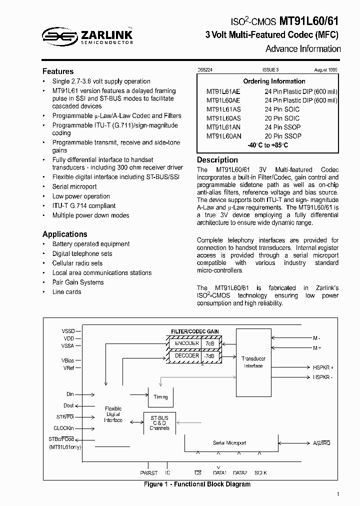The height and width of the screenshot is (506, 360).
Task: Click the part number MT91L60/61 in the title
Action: point(309,21)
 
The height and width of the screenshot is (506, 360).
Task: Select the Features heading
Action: point(58,71)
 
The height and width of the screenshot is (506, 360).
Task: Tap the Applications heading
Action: point(64,234)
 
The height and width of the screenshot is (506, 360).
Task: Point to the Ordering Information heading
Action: point(274,81)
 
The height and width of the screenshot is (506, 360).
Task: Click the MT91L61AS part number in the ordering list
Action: point(223,109)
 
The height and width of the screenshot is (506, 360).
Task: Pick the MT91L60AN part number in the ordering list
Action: point(223,136)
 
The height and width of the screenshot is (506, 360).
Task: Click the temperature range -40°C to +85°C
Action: point(267,145)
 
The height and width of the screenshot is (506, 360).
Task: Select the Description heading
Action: point(217,160)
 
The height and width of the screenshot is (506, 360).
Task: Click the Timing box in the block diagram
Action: point(161,397)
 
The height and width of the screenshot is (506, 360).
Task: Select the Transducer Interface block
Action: point(253,362)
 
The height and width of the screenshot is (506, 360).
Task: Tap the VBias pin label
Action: point(68,360)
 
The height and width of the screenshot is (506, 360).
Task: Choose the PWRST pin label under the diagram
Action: point(148,472)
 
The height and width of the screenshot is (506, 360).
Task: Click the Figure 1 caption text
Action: point(197,484)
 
